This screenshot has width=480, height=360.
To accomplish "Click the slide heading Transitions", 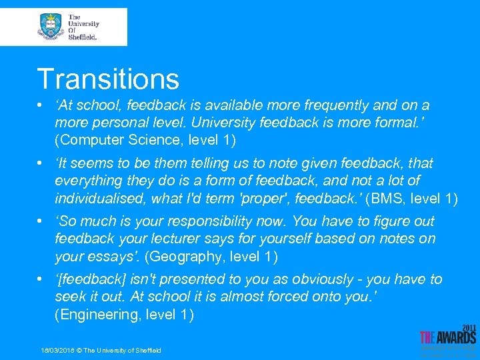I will (108, 79).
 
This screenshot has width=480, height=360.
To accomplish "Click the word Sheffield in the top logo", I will (82, 37).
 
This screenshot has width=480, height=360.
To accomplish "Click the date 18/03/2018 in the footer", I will (56, 351).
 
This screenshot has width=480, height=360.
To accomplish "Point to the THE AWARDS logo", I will (447, 338).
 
